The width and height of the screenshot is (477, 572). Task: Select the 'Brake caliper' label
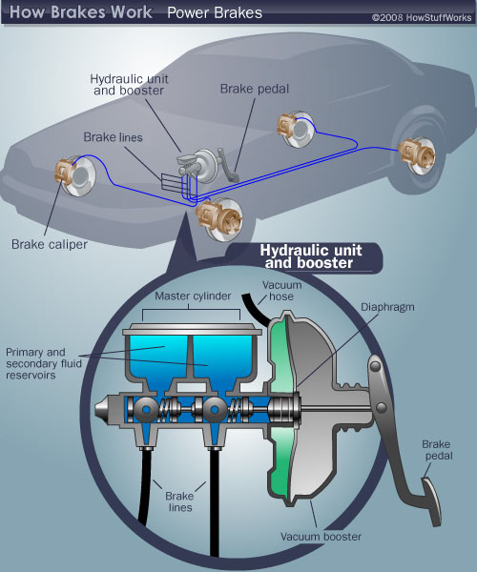click(x=50, y=244)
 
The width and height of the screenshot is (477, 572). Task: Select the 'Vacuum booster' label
click(x=321, y=537)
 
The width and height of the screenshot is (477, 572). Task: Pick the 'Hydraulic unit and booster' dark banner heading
click(x=307, y=257)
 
